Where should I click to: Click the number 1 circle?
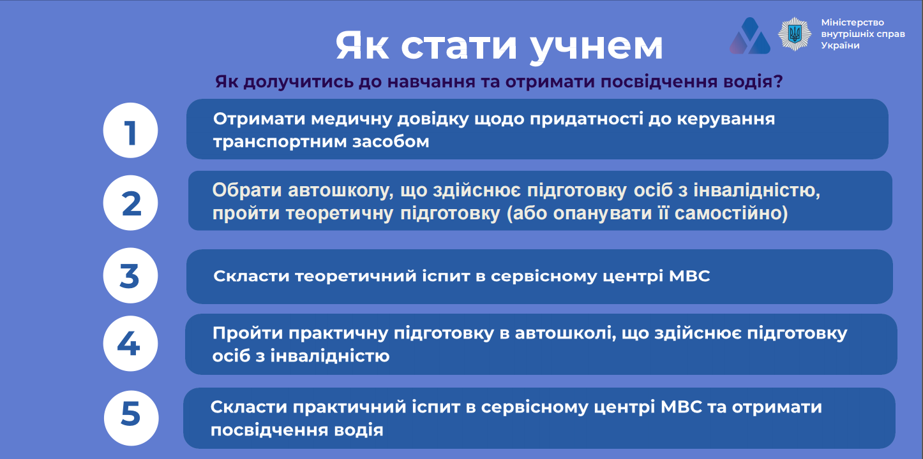[130, 130]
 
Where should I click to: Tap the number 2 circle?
[130, 203]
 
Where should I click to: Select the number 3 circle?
[130, 275]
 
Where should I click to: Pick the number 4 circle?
[130, 344]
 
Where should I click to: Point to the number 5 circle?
[131, 418]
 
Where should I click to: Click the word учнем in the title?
[596, 47]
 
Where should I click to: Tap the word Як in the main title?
[362, 45]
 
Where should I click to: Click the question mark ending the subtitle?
[778, 81]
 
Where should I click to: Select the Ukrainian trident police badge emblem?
[794, 34]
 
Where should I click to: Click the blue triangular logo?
[750, 36]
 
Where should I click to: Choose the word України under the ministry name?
[840, 45]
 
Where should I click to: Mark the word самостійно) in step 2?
[731, 213]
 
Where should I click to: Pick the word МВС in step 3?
[689, 276]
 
